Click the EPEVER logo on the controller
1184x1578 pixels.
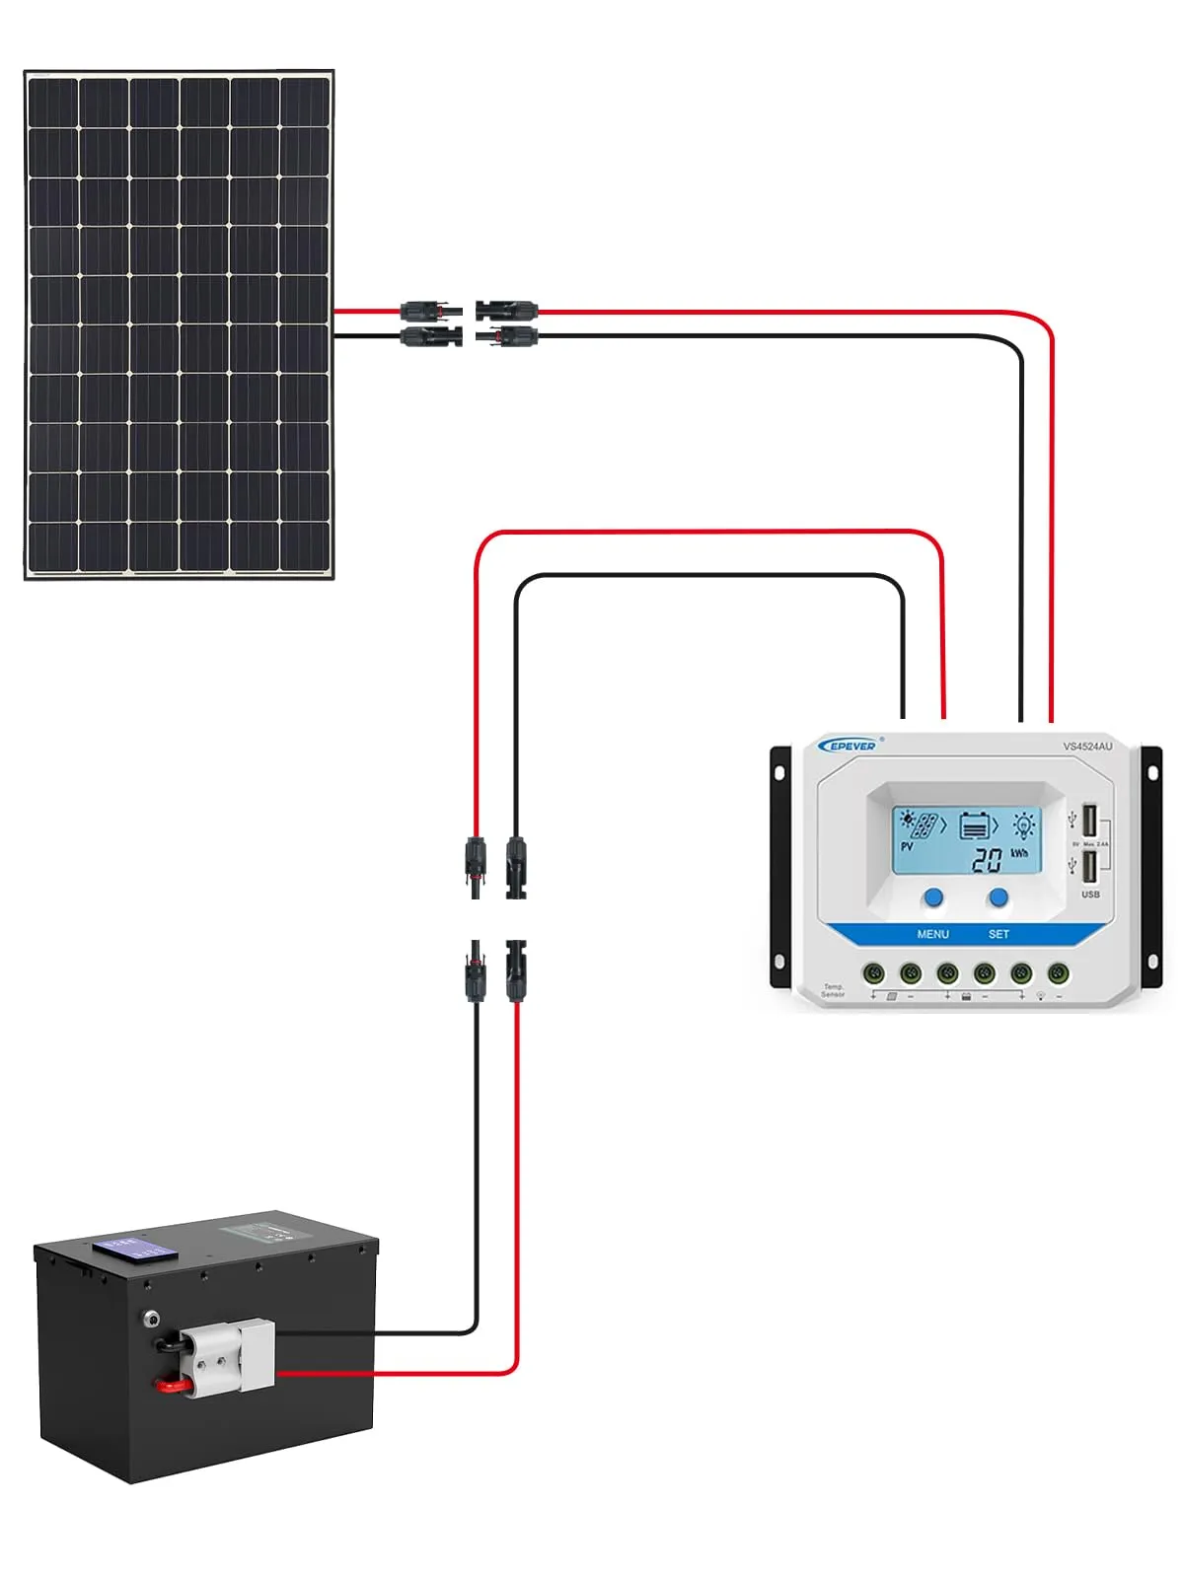pyautogui.click(x=850, y=746)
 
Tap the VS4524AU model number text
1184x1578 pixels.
pyautogui.click(x=1087, y=747)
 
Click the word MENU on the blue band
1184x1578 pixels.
pyautogui.click(x=932, y=934)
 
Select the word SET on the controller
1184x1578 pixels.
pyautogui.click(x=999, y=934)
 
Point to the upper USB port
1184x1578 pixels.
pyautogui.click(x=1089, y=822)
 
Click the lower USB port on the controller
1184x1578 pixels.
pyautogui.click(x=1089, y=868)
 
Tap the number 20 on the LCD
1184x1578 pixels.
pyautogui.click(x=987, y=860)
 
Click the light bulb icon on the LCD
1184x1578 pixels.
pyautogui.click(x=1024, y=825)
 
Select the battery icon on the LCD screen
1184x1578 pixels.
pyautogui.click(x=975, y=825)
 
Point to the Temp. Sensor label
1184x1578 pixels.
pyautogui.click(x=834, y=990)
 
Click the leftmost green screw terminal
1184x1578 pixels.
pyautogui.click(x=873, y=974)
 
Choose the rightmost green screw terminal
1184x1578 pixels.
pyautogui.click(x=1058, y=974)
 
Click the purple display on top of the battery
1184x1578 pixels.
pyautogui.click(x=135, y=1248)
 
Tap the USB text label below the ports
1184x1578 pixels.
pyautogui.click(x=1090, y=895)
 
